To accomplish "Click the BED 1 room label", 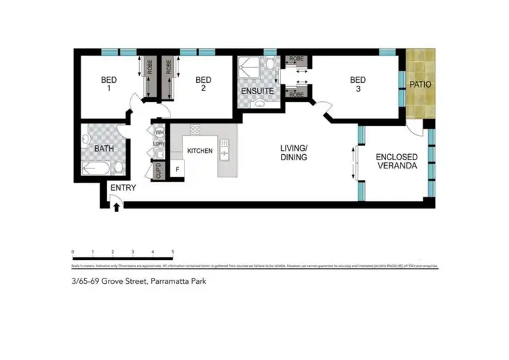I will [109, 84].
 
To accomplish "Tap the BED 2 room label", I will [202, 84].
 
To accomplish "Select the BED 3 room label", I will [358, 84].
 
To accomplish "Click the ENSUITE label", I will [257, 91].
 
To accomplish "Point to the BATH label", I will [104, 149].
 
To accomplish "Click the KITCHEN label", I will [200, 151].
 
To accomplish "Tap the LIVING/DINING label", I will [295, 153].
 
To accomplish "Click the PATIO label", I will [419, 85].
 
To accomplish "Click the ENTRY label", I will [123, 188].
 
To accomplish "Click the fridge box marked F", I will [177, 168].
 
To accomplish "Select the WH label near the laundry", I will [160, 132].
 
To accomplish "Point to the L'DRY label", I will [160, 144].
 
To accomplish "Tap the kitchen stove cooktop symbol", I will [195, 130].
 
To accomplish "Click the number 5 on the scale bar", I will [173, 252].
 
